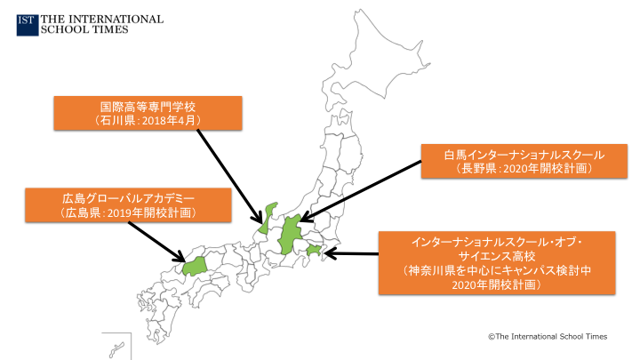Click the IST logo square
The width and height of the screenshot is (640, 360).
[27, 23]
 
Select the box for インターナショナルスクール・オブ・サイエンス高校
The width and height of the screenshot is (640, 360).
[496, 262]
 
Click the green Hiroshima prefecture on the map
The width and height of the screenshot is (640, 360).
[195, 265]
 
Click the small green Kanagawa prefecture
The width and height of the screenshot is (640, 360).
[313, 253]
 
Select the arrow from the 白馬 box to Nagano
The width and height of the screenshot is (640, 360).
[360, 188]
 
